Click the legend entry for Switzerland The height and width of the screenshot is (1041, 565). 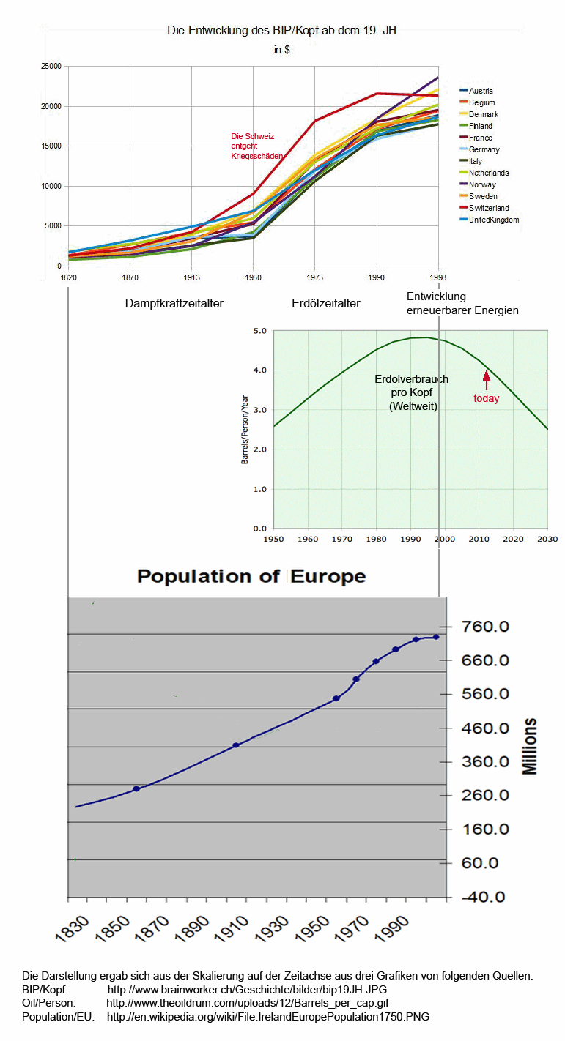489,208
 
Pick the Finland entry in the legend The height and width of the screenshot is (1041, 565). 481,126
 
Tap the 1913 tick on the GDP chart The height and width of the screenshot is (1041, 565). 191,279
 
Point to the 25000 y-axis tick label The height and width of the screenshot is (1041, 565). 51,67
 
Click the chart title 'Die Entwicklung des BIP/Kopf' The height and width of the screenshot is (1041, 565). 282,30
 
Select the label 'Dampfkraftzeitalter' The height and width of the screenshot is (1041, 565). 174,302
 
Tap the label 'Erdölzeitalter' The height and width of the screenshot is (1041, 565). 326,302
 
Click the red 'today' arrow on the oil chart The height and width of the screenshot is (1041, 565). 485,380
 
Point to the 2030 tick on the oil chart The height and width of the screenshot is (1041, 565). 547,539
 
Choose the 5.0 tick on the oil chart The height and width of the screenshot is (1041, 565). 259,331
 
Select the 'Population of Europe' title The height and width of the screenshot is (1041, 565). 251,576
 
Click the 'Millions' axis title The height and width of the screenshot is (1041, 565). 530,746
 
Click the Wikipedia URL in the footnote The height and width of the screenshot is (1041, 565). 268,1017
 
